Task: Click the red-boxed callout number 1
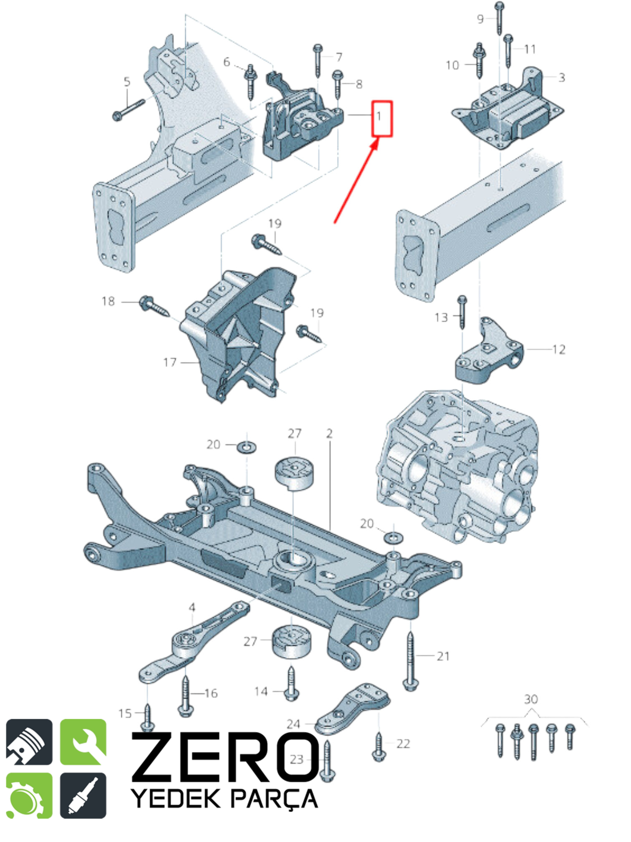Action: click(x=379, y=116)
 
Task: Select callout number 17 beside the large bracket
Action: click(x=170, y=362)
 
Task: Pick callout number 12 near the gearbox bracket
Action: click(x=559, y=349)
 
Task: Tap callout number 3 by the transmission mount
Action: click(x=562, y=77)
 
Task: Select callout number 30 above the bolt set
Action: click(x=531, y=699)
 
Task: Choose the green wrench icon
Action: click(x=83, y=742)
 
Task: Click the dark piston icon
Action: click(x=29, y=742)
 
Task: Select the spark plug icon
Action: click(x=83, y=796)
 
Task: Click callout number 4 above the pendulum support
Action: click(x=192, y=607)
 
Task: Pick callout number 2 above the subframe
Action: click(x=329, y=434)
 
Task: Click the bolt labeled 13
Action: click(x=462, y=312)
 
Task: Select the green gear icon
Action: click(x=29, y=796)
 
